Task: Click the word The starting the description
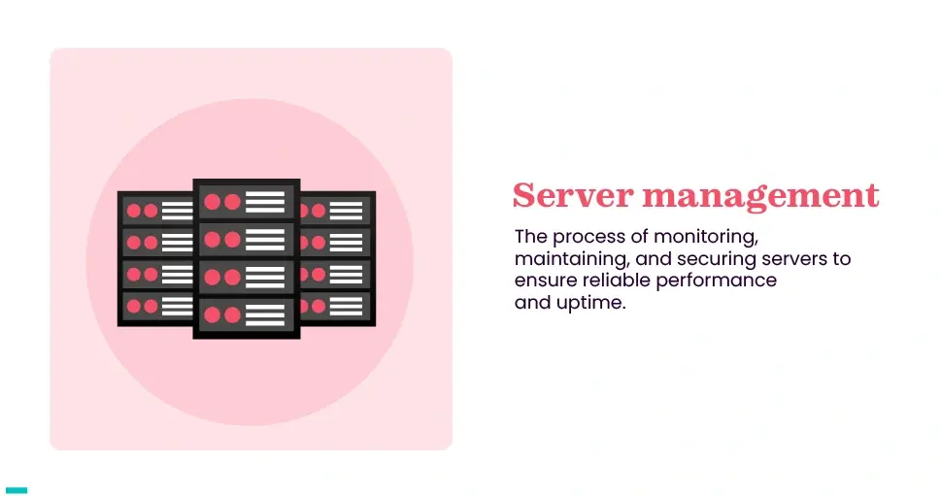pos(530,237)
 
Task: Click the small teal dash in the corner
pos(17,490)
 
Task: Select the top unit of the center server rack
pos(247,202)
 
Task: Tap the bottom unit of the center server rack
pos(247,314)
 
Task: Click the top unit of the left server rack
pos(155,210)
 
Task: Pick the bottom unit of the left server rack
pos(155,306)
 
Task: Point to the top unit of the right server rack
pos(335,210)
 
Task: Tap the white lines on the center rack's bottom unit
pos(265,314)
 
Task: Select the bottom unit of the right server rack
pos(335,306)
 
